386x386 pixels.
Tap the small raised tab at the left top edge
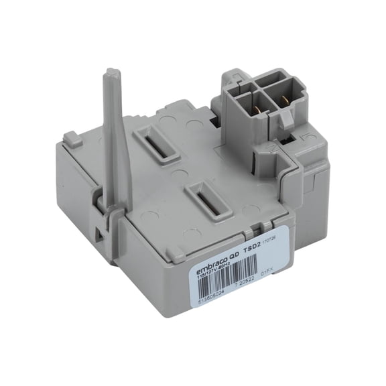coord(72,140)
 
